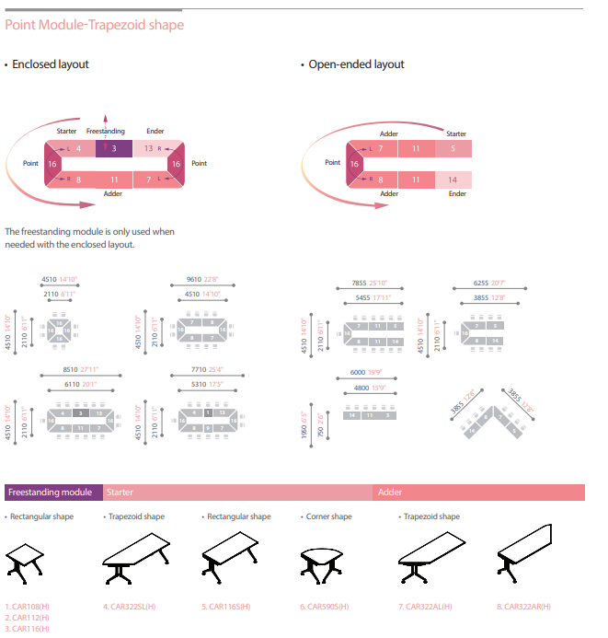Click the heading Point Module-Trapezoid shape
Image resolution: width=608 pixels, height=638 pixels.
[x=94, y=25]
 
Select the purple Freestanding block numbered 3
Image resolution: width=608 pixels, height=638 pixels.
[x=113, y=148]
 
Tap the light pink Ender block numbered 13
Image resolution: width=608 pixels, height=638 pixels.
[x=149, y=148]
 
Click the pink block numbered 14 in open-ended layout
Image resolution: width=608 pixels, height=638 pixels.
[x=453, y=180]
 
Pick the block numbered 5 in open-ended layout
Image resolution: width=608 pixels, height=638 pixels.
[x=453, y=148]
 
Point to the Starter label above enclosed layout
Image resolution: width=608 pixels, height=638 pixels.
[x=67, y=132]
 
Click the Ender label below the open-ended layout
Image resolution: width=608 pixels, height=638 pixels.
[x=457, y=194]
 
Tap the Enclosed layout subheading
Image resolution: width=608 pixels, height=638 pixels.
[x=51, y=64]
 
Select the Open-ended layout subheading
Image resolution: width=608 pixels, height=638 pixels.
[x=356, y=64]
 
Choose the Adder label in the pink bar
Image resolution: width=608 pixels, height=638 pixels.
[x=390, y=493]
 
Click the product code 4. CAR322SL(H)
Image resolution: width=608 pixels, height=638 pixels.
[x=130, y=606]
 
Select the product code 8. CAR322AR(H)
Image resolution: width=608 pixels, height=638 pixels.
[x=523, y=606]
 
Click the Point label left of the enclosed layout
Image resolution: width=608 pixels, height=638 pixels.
[x=30, y=163]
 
